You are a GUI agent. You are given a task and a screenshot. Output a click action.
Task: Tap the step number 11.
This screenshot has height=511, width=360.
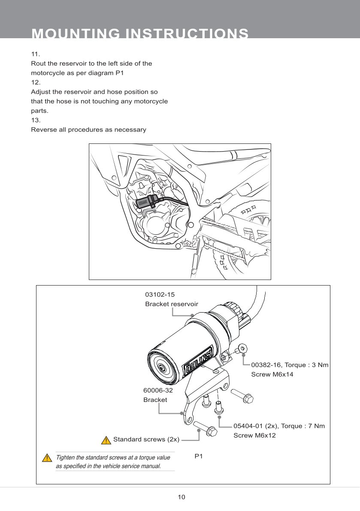pos(36,54)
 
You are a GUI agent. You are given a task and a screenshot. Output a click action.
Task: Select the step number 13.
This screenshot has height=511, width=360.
pos(36,120)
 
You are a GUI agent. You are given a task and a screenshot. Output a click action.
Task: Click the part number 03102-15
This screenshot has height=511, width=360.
pos(160,295)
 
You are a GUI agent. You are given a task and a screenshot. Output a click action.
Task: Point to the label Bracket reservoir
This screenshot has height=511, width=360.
pos(172,304)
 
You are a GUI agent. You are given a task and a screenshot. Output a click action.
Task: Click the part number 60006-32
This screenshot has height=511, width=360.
pos(158,390)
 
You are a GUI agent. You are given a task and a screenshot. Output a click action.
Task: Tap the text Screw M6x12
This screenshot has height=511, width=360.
pos(254,435)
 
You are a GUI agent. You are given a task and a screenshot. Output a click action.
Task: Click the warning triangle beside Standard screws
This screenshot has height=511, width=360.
pos(106,440)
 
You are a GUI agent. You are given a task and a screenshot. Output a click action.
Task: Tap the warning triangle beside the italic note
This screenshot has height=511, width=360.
pos(45,458)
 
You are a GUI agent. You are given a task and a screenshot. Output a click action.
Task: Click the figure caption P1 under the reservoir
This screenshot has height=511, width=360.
pos(199,456)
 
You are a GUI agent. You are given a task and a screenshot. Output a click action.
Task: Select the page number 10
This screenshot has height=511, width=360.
pos(182,497)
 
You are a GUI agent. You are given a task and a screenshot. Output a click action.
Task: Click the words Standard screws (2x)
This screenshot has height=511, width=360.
pos(146,439)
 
